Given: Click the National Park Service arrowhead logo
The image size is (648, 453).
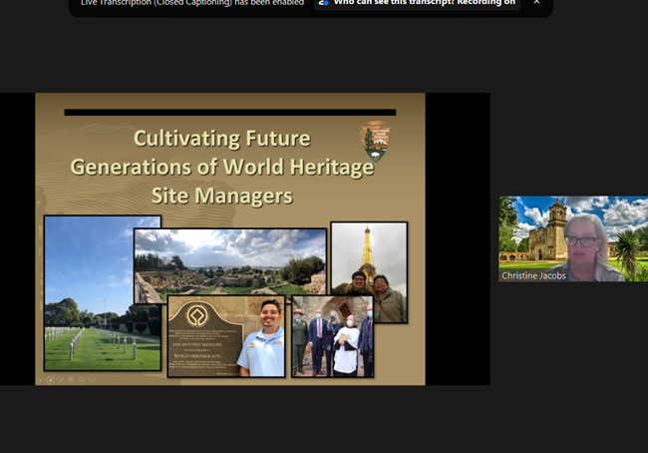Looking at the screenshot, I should point(375,141).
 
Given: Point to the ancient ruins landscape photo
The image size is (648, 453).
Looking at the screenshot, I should point(229,264).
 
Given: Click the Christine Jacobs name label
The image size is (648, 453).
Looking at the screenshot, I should point(533,273).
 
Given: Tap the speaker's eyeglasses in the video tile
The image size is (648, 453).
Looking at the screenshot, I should point(581,240).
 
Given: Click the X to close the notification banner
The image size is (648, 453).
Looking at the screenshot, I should point(536,3).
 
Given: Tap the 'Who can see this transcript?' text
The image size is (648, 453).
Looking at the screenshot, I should point(399,3).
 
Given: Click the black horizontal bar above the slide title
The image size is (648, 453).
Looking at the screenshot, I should point(229,112).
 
